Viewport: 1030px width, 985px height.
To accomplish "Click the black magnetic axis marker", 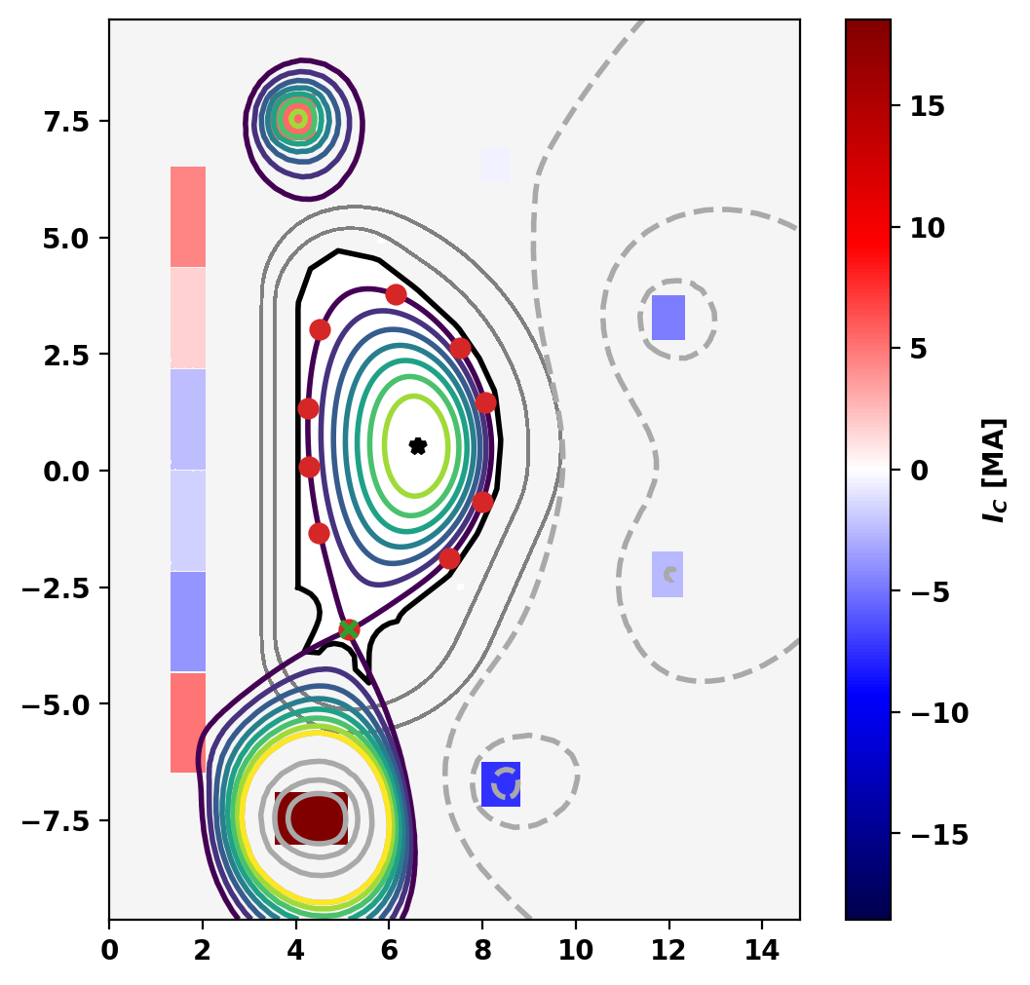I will [x=418, y=446].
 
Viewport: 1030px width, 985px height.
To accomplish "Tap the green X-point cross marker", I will [x=349, y=628].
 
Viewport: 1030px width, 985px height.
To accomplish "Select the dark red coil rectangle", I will [x=311, y=818].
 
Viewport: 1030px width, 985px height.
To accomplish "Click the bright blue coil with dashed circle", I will [x=501, y=784].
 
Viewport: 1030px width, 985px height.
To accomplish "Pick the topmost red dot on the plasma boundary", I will [x=396, y=294].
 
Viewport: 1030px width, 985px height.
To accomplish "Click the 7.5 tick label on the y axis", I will [x=63, y=122].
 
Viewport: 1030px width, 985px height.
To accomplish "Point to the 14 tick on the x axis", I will [x=762, y=943].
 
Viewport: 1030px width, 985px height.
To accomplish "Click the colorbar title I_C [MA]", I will [x=994, y=471].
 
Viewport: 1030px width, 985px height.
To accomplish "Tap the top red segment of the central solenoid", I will [x=188, y=215].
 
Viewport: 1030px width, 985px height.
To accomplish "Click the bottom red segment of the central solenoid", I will [x=188, y=722].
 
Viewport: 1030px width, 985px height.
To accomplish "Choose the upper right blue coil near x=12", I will [x=668, y=318].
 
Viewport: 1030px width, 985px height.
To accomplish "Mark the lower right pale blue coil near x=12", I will [x=668, y=574].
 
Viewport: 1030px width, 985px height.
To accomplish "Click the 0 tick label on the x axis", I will [x=109, y=943].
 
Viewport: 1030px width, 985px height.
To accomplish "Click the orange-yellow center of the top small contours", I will [x=298, y=118].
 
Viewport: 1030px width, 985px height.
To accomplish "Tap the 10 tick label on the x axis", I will [x=575, y=943].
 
